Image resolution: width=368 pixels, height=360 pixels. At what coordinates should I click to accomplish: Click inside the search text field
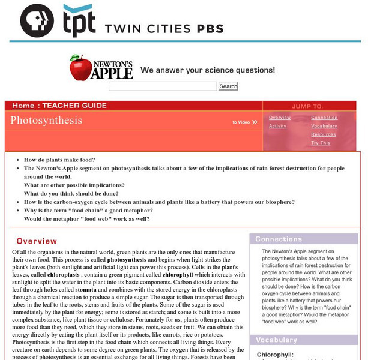point(162,86)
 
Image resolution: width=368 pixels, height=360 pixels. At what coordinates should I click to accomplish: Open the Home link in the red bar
point(23,106)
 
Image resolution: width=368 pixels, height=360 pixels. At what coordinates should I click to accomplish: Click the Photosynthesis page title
point(46,120)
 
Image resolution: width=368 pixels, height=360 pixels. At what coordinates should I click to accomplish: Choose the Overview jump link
point(280,118)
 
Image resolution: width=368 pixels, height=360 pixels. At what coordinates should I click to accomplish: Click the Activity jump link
point(277,127)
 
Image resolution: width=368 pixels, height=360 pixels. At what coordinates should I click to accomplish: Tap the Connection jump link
point(324,118)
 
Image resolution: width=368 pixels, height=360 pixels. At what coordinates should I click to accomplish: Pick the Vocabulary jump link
point(324,127)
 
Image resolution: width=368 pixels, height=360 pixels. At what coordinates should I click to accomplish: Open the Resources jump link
point(323,135)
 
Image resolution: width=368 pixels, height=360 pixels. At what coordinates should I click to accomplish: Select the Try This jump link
point(321,143)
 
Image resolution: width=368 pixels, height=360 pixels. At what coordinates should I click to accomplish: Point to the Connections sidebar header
point(279,239)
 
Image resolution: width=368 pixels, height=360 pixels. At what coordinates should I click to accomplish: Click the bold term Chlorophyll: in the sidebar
point(275,355)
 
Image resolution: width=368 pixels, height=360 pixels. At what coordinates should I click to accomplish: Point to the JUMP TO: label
point(307,106)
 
